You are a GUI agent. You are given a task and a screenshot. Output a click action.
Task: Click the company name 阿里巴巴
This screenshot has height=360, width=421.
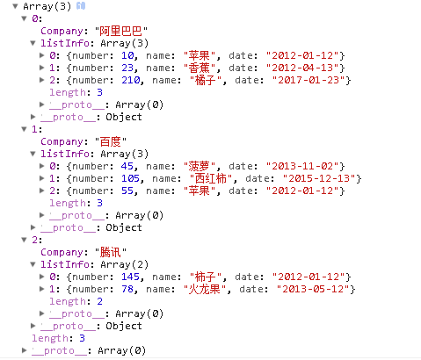(120, 31)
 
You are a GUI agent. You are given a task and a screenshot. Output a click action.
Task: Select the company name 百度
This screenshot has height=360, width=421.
(110, 141)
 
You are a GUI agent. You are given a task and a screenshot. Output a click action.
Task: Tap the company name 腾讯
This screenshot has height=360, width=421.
(110, 252)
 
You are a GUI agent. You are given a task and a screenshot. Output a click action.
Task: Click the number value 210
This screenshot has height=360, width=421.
(131, 80)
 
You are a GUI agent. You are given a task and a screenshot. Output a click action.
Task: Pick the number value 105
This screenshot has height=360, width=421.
(131, 178)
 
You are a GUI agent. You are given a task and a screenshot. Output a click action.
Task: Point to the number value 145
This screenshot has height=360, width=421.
(131, 277)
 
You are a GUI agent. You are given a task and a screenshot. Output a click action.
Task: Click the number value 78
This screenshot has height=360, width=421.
(127, 289)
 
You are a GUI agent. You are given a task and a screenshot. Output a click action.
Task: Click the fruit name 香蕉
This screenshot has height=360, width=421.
(200, 68)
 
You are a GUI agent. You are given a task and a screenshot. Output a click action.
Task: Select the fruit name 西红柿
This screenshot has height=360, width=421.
(211, 178)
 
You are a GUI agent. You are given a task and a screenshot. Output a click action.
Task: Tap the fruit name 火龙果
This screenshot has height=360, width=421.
(205, 289)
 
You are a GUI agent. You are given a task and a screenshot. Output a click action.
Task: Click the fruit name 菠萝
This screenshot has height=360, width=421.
(200, 166)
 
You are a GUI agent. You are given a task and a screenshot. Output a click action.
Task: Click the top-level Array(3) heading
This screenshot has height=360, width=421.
(47, 6)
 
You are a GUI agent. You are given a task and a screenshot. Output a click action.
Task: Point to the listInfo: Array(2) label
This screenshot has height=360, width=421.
(94, 264)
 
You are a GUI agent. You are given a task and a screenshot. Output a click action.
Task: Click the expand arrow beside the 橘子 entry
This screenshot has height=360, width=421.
(42, 80)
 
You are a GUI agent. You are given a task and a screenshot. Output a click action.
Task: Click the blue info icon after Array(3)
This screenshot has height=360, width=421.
(81, 6)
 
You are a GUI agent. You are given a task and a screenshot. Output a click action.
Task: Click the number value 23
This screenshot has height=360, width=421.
(127, 68)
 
